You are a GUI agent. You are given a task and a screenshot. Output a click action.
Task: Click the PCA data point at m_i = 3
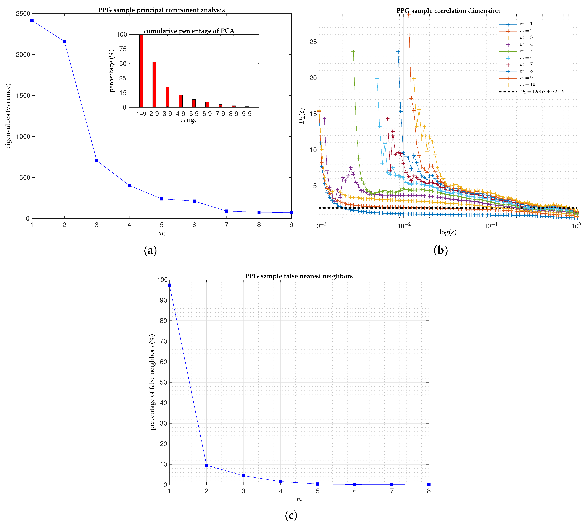(97, 161)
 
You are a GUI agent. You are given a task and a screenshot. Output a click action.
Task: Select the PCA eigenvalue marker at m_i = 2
(64, 41)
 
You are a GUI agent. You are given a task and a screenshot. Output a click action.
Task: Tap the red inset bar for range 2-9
(154, 84)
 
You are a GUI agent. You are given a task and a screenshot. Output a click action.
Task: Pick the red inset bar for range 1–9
(141, 71)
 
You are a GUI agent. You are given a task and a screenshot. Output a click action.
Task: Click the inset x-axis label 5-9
(194, 114)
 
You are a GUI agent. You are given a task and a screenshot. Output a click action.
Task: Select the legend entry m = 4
(526, 44)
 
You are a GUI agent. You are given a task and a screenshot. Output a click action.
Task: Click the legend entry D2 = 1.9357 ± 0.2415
(542, 92)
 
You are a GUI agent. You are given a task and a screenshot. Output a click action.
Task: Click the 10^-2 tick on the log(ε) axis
(404, 226)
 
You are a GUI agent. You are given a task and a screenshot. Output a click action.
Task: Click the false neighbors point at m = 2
(206, 465)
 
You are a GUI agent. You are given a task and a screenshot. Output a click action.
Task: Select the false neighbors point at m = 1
(169, 285)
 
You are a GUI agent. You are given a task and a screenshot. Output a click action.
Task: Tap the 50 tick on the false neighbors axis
(163, 382)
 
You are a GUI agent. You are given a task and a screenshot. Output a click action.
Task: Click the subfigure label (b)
(440, 250)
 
